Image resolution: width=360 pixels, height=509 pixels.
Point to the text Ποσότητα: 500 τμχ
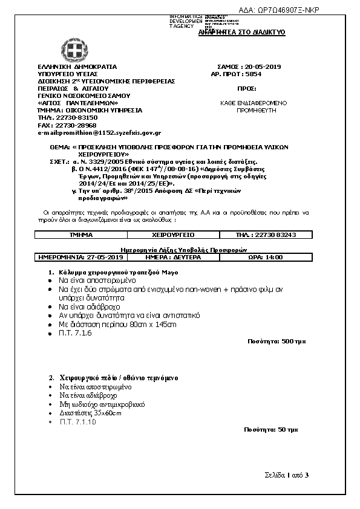click(277, 342)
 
